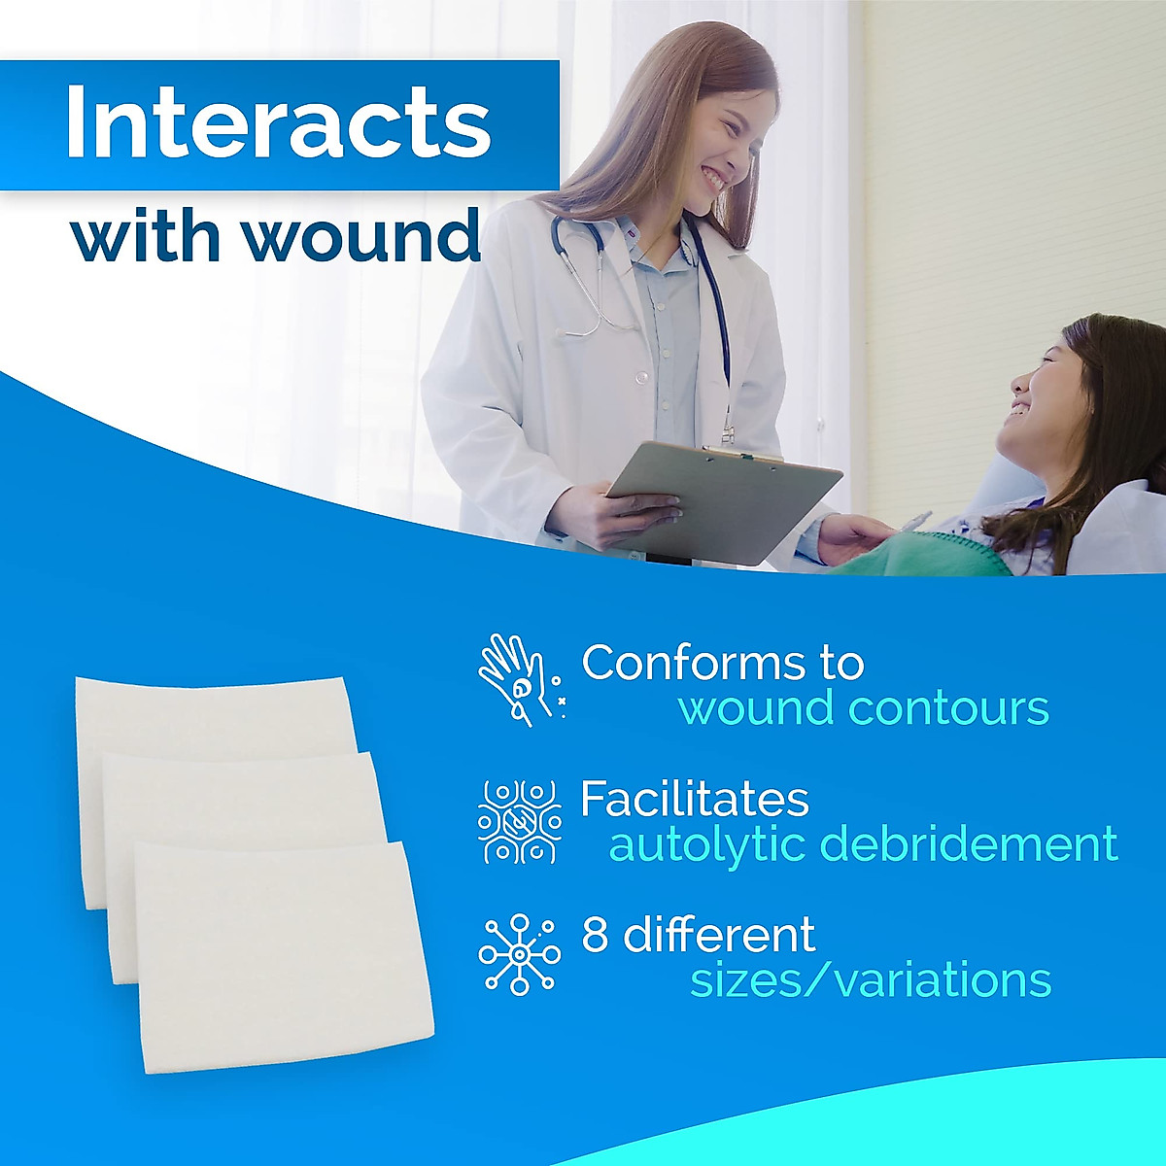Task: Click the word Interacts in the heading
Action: coord(278,124)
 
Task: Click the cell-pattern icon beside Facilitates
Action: coord(519,822)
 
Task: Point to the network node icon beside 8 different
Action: coord(519,954)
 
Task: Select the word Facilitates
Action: coord(694,800)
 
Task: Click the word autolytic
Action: coord(708,844)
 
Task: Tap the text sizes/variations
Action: coord(871,980)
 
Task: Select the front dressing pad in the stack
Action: coord(282,957)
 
